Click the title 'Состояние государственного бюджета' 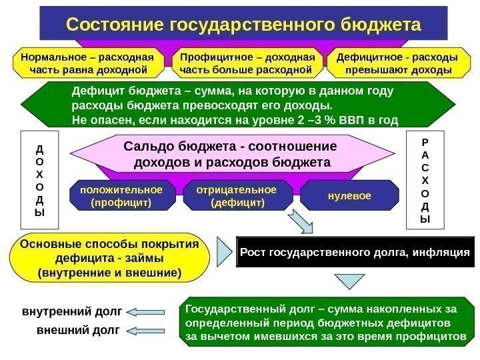coord(243,25)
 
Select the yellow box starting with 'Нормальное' coord(88,63)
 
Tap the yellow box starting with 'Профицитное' coord(246,63)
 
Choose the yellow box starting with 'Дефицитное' coord(397,63)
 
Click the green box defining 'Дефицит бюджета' coord(237,105)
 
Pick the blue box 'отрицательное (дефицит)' coord(237,195)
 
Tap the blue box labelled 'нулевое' coord(345,195)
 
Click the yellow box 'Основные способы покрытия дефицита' coord(110,258)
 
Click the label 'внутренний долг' coord(73,311)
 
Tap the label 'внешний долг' coord(78,329)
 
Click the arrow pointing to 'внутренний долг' coord(147,311)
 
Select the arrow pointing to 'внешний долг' coord(147,330)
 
